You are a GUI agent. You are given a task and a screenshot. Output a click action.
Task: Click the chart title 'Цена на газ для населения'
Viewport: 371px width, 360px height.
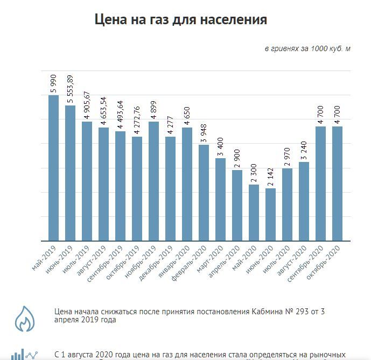[180, 20]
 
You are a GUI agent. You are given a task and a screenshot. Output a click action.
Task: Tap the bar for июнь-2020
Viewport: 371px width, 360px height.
[270, 214]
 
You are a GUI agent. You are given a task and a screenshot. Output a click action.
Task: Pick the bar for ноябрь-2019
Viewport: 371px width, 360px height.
[153, 181]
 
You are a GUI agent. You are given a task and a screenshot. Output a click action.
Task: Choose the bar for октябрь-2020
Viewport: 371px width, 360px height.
[337, 183]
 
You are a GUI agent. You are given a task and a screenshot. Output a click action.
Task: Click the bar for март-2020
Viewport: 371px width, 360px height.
[220, 199]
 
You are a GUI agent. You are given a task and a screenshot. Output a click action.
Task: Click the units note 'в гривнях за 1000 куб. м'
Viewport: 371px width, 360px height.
[307, 49]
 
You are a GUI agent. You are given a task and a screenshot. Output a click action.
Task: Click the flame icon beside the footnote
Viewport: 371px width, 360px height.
[23, 318]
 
